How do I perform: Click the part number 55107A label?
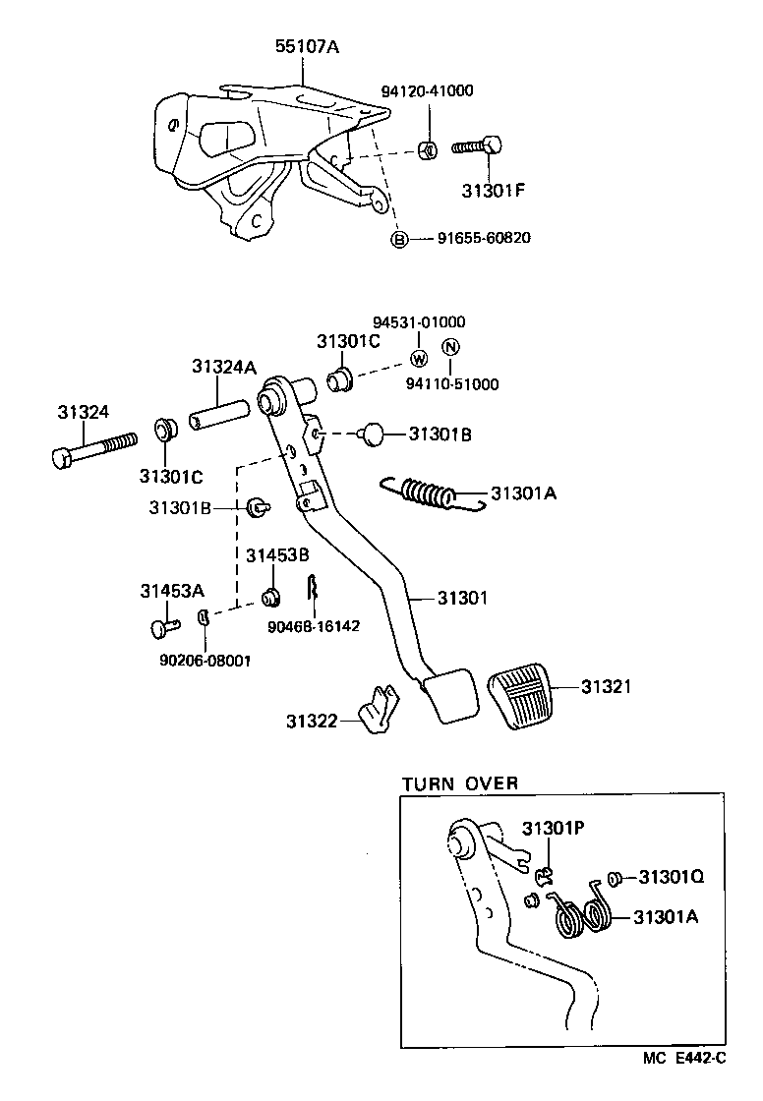click(x=302, y=45)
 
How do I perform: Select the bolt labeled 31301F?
click(x=478, y=147)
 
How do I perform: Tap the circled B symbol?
click(x=399, y=239)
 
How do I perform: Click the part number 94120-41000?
click(x=427, y=91)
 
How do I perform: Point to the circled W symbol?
click(x=418, y=357)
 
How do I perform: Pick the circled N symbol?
click(x=449, y=347)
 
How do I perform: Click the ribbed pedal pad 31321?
click(x=521, y=699)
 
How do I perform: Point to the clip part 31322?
click(x=378, y=712)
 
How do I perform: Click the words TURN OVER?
click(x=459, y=783)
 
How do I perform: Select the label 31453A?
click(x=171, y=590)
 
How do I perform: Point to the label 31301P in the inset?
click(x=554, y=828)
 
